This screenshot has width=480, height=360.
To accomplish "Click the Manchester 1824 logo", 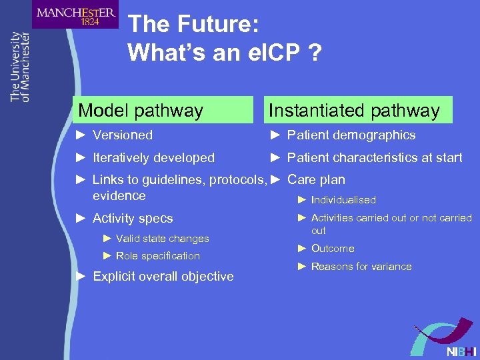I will point(75,15).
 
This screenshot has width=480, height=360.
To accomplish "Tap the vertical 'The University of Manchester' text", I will point(20,67).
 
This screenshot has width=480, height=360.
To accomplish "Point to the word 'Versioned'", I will point(123,135).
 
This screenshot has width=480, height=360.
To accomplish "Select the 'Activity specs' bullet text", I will point(133,219).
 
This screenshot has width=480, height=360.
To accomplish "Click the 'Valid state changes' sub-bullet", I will point(162,239).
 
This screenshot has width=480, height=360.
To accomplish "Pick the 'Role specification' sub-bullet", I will point(157,256).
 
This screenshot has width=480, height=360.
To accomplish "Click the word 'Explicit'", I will point(116,277).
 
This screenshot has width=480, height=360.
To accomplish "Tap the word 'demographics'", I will point(375,135).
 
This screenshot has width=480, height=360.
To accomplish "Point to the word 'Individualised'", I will point(343,200).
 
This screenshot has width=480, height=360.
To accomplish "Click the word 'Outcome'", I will point(333,249).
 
